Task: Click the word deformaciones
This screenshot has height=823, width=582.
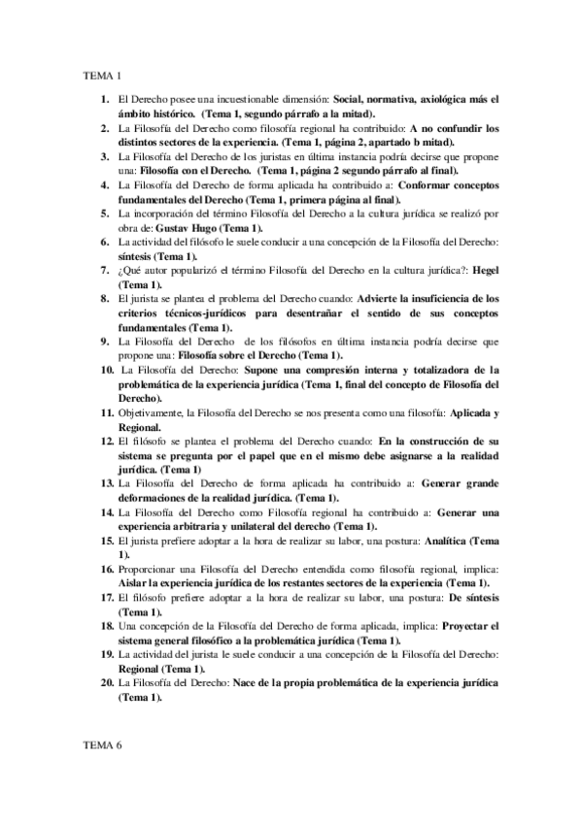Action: point(156,497)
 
